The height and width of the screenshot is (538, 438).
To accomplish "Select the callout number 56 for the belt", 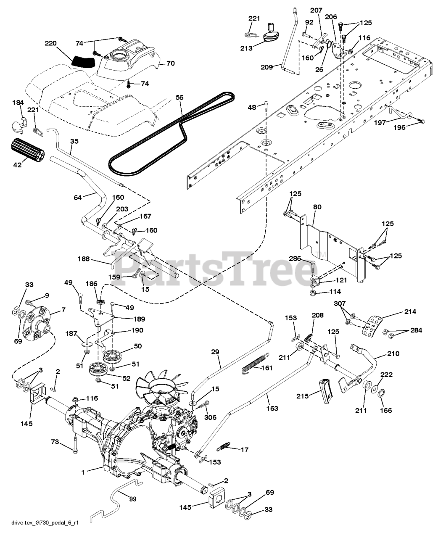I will (x=179, y=97).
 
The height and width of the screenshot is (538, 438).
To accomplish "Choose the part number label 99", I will (x=133, y=499).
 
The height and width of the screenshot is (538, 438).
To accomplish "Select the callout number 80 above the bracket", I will (x=317, y=207).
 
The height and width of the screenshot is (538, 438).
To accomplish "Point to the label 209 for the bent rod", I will (x=266, y=66).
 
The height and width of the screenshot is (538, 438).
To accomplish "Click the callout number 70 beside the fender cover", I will (x=170, y=64).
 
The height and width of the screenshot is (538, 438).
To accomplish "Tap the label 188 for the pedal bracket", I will (x=84, y=259).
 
